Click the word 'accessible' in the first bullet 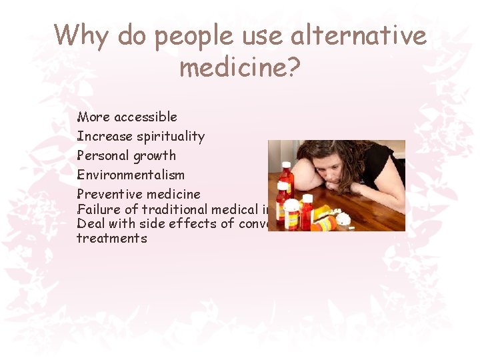145,117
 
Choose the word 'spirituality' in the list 171,137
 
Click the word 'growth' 155,156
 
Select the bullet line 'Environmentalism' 131,175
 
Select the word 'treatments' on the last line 111,238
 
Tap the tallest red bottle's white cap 287,166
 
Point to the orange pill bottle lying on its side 323,223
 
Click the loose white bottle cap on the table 343,218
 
